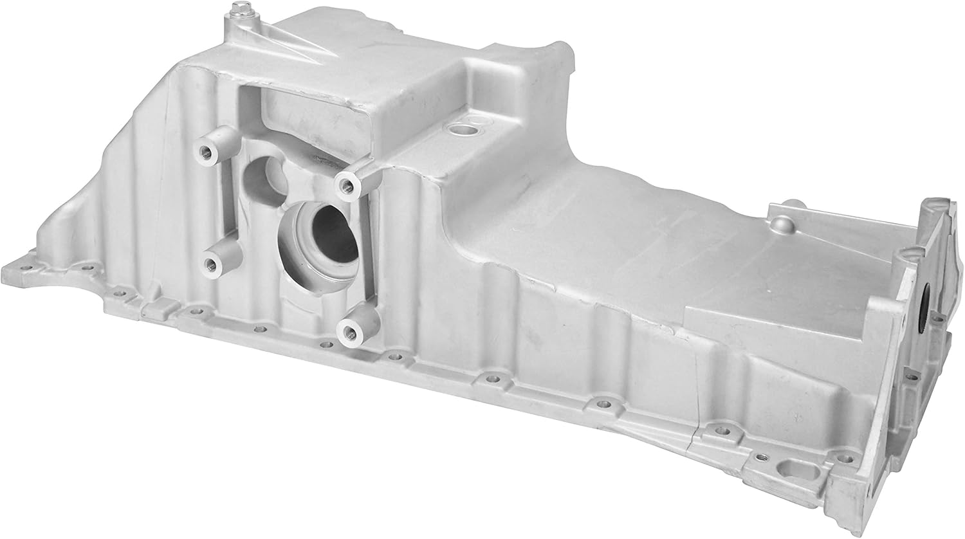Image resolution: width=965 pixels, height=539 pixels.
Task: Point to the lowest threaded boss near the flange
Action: [x=351, y=331]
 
